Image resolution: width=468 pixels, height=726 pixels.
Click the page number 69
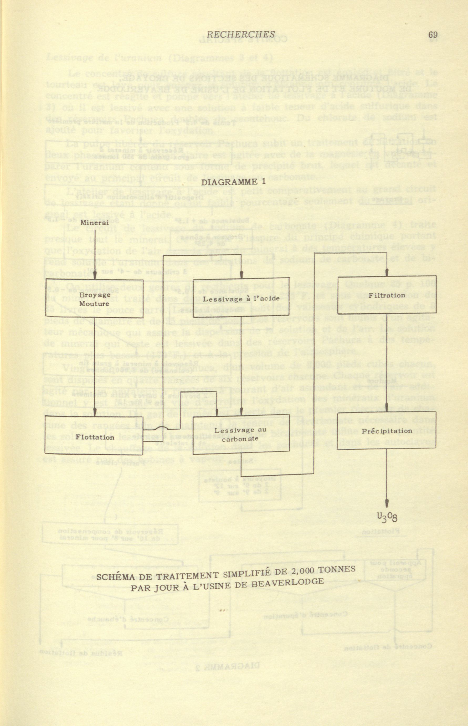point(433,35)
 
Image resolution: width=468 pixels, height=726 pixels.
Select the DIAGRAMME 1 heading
point(233,182)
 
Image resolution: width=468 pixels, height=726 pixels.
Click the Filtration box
point(387,295)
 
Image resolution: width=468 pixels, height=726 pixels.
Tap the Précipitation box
point(387,431)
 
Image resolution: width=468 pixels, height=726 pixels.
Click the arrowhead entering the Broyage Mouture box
point(95,275)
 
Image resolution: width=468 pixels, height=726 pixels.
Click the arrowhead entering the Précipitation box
point(387,407)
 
